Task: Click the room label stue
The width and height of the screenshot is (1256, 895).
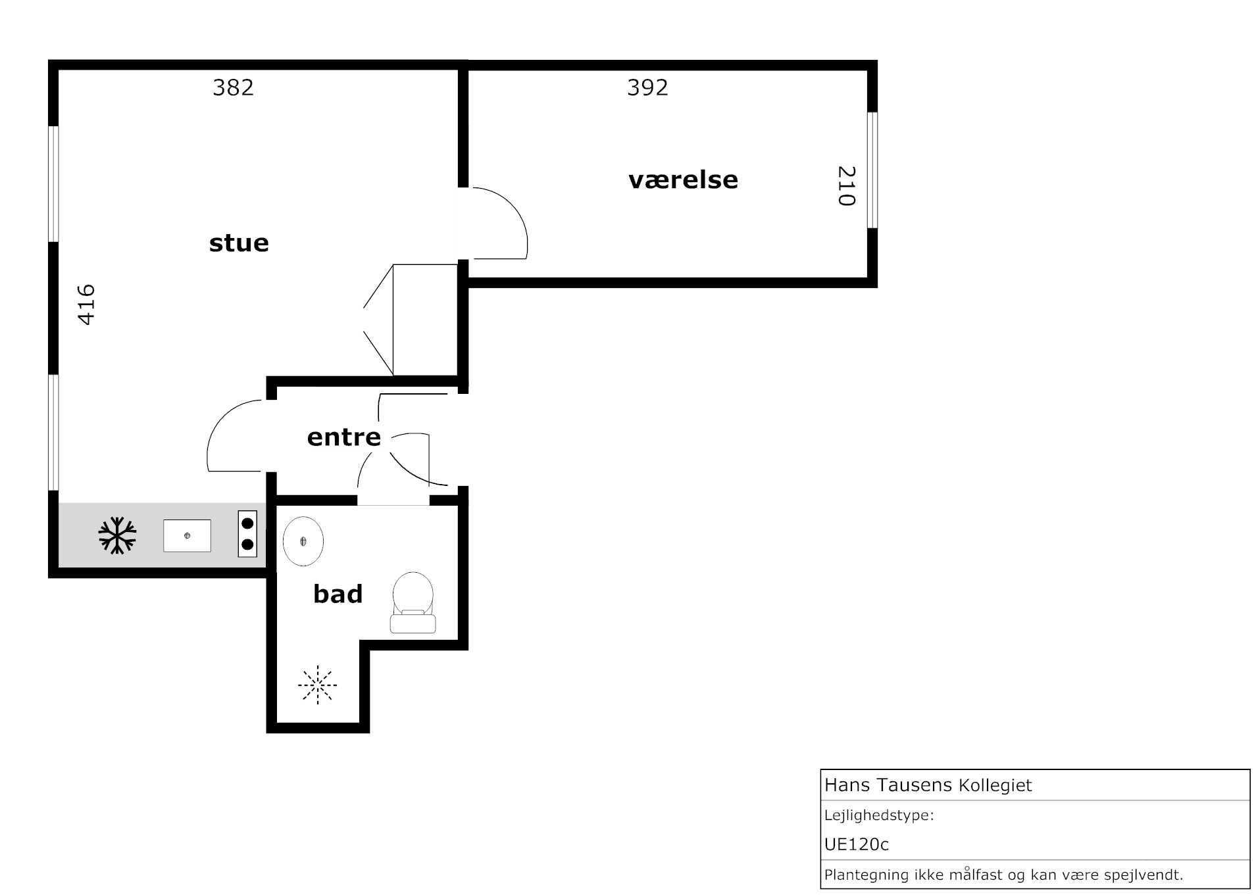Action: point(239,243)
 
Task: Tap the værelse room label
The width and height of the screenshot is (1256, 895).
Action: point(683,180)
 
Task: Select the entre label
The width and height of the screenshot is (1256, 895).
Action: point(344,437)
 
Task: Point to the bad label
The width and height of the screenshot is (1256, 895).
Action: point(338,594)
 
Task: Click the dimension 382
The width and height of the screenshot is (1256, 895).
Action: point(233,87)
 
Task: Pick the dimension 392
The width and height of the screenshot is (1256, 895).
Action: point(647,87)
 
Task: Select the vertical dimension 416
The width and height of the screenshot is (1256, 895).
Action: point(87,304)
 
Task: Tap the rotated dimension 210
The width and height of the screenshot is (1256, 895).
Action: point(847,186)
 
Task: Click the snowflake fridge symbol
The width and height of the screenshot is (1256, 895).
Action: point(117,535)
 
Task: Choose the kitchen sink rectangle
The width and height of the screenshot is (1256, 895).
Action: point(187,536)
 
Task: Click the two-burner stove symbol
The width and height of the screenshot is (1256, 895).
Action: point(247,534)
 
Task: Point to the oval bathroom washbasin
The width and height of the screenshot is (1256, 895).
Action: point(303,541)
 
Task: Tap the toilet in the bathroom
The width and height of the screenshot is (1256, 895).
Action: point(413,602)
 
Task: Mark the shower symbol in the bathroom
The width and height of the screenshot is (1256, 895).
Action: point(317,685)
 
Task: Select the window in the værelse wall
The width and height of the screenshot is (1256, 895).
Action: point(872,170)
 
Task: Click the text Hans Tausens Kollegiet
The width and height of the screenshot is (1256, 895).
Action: point(928,785)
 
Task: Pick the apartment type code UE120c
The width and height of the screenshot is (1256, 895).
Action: point(857,844)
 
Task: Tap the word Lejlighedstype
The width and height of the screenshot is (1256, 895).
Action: point(877,816)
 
